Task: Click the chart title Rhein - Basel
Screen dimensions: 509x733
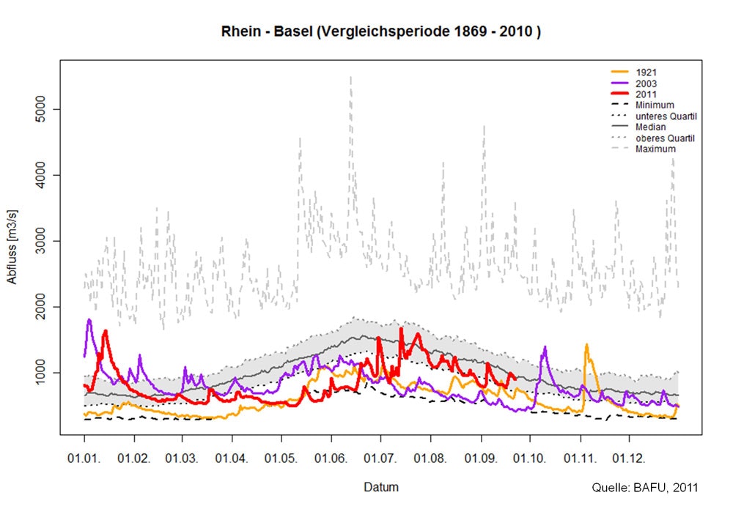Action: (x=380, y=33)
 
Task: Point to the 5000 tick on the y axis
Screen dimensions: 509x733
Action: (x=45, y=109)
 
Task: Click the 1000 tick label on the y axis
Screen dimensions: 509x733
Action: (x=45, y=373)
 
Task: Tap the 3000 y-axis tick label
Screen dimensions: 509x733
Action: (x=45, y=241)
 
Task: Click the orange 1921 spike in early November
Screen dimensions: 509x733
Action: (x=586, y=345)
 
